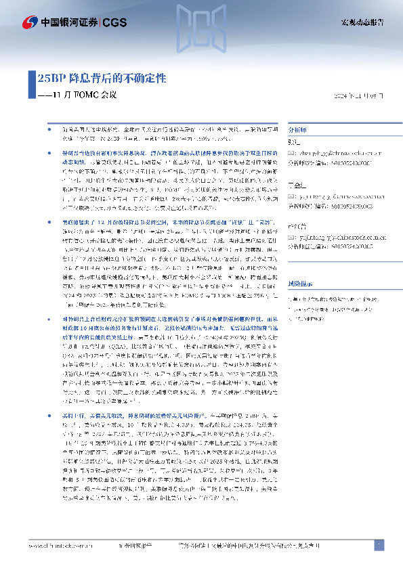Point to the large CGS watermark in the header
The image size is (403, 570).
200,30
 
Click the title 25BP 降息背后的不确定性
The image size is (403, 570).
102,78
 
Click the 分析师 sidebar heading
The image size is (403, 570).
298,129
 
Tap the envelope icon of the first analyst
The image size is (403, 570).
292,153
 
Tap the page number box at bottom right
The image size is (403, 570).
379,544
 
